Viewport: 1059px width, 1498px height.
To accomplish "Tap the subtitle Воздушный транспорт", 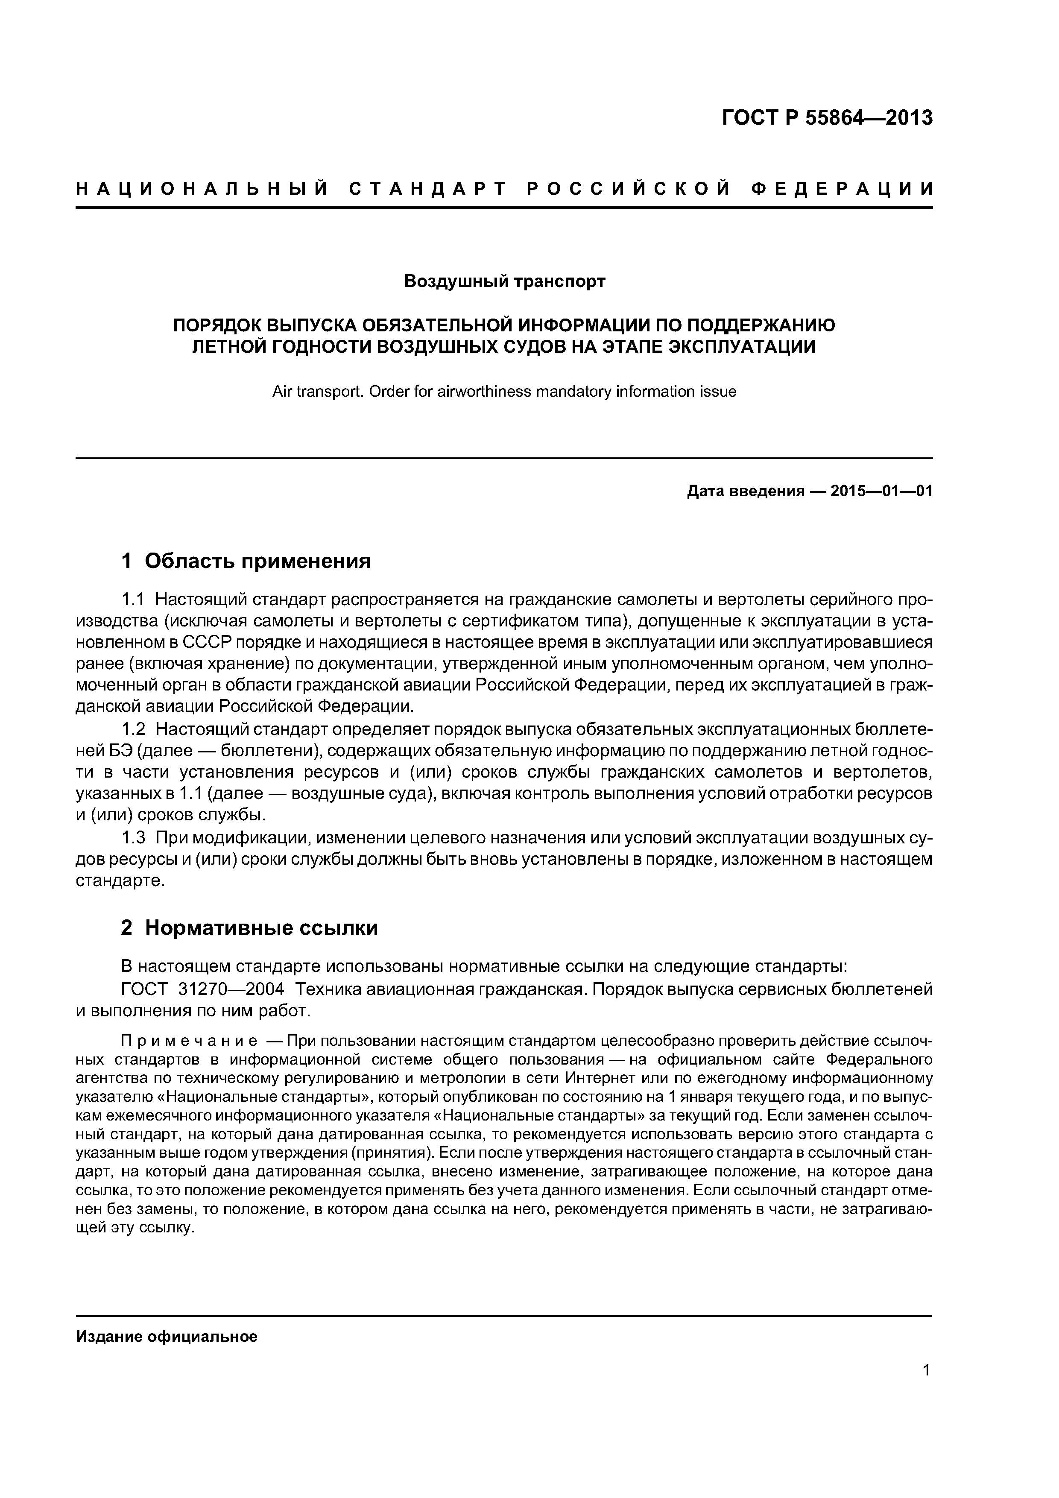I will point(504,281).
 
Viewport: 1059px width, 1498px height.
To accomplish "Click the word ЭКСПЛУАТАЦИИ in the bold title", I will point(742,346).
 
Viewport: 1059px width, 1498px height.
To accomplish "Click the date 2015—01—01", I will point(881,491).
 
